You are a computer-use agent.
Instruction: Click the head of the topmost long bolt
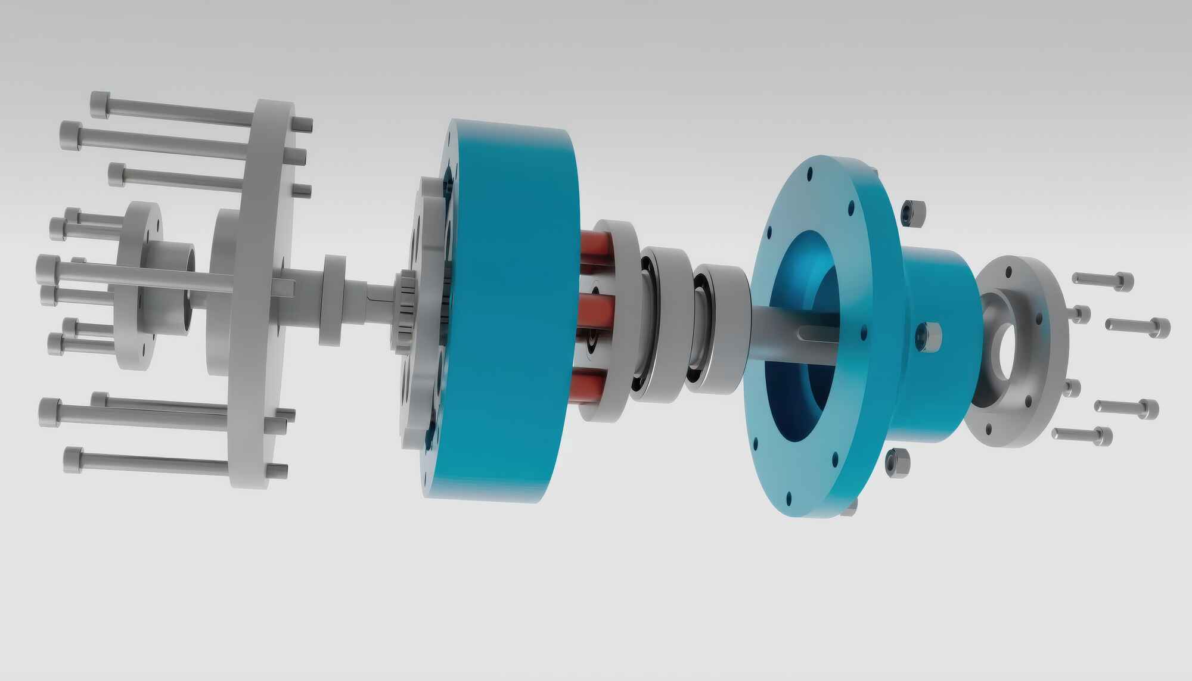click(x=101, y=105)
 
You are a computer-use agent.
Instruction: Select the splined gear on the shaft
click(x=406, y=310)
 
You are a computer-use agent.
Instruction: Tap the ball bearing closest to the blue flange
click(x=718, y=328)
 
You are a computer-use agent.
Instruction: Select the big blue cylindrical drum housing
click(x=513, y=310)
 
